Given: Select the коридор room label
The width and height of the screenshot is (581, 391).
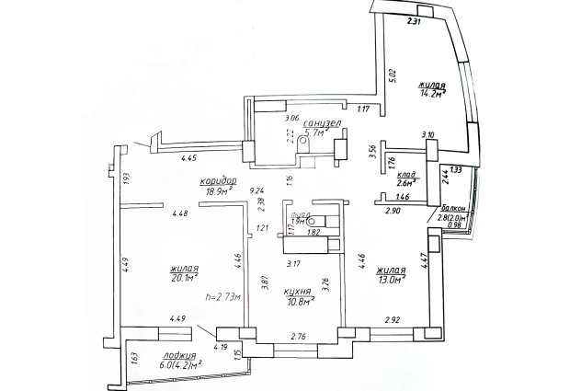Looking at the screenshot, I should [x=219, y=180].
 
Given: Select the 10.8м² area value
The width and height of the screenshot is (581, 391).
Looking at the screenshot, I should [x=300, y=300].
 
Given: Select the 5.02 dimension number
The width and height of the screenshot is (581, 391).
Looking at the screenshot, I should [x=393, y=76].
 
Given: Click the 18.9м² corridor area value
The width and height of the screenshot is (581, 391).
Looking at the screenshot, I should [x=218, y=192].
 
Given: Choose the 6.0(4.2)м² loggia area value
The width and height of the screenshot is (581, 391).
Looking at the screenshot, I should [x=181, y=364].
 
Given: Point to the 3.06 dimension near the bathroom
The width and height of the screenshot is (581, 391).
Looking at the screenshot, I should [x=293, y=119].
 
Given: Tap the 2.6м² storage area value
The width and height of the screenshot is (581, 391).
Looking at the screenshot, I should [x=407, y=184].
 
